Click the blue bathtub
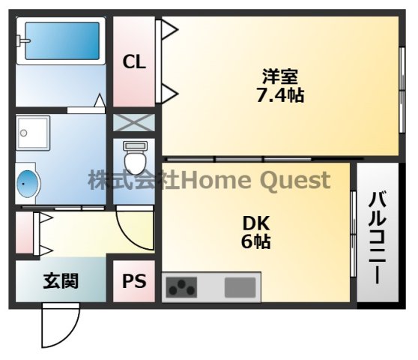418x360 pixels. (x=62, y=40)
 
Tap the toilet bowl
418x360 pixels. (x=135, y=157)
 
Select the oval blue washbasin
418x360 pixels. (x=27, y=184)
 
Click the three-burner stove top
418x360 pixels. (x=181, y=287)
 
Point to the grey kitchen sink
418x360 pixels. (x=240, y=287)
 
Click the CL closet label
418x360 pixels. (x=134, y=62)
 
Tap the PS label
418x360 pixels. (x=134, y=281)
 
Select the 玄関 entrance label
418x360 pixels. (x=61, y=280)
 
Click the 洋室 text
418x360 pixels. (x=280, y=76)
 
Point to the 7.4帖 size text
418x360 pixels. (x=280, y=95)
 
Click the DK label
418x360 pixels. (x=256, y=223)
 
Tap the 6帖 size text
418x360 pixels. (x=256, y=241)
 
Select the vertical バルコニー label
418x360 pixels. (x=378, y=238)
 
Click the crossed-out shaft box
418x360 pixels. (x=134, y=122)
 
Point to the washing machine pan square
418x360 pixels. (x=33, y=133)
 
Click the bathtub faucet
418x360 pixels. (x=22, y=40)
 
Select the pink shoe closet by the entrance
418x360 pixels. (x=24, y=232)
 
